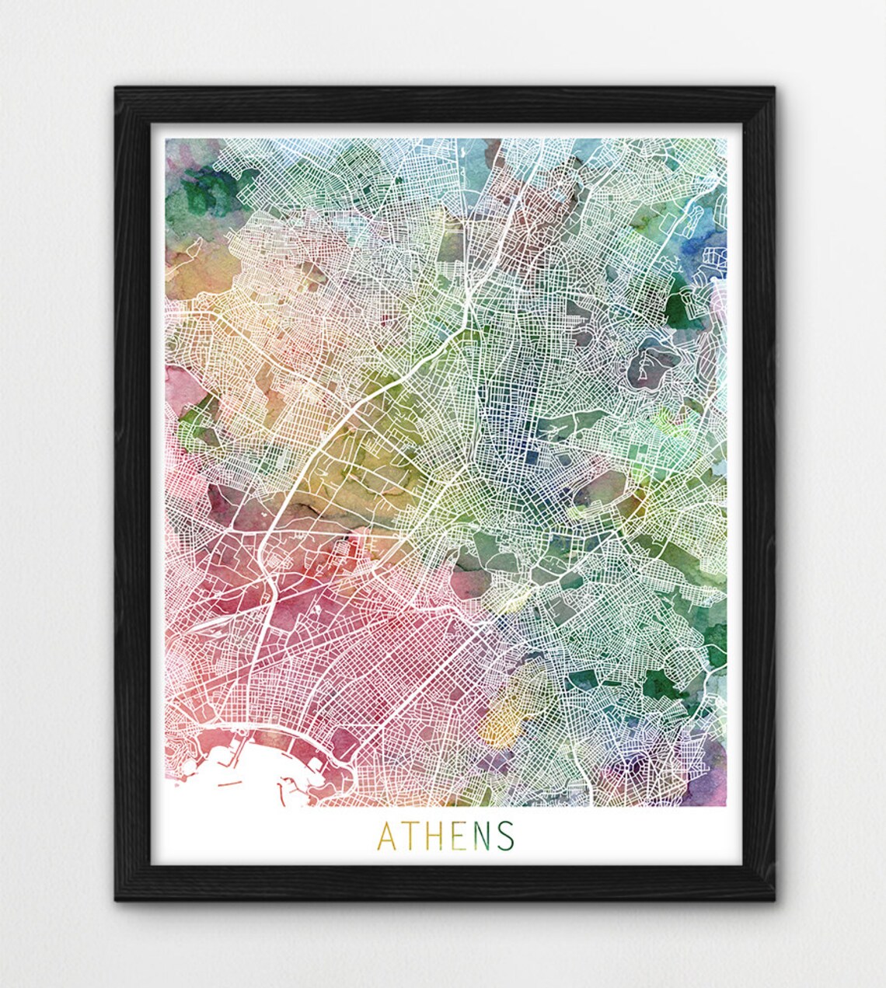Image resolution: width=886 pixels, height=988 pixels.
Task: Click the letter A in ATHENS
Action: click(x=386, y=836)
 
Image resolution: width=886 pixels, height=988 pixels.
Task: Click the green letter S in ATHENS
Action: click(x=505, y=836)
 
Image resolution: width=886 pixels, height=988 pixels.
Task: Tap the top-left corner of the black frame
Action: click(x=117, y=88)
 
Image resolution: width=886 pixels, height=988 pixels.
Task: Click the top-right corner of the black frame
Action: click(x=773, y=88)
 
